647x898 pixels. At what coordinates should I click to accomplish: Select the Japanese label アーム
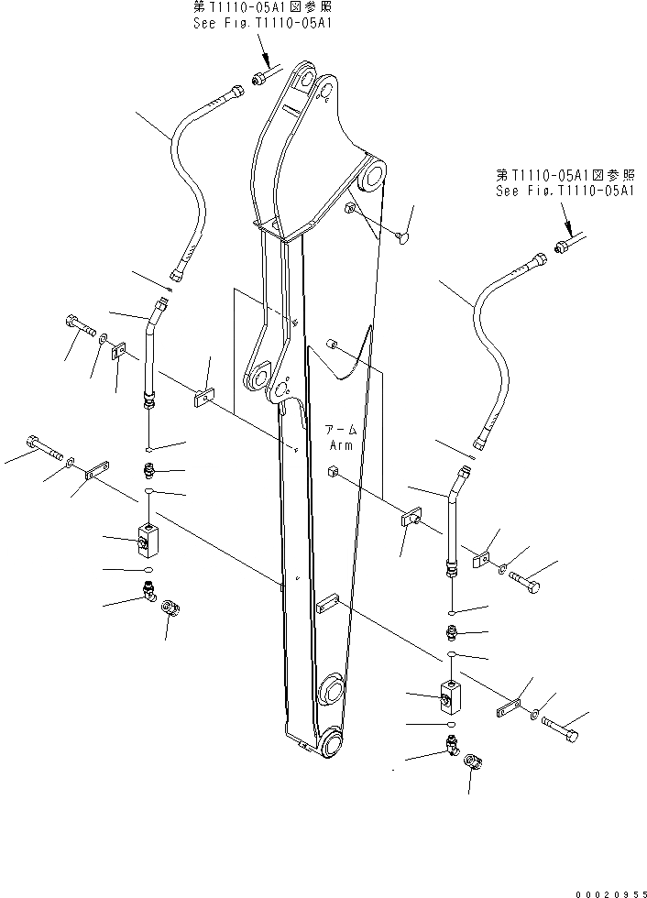tap(341, 430)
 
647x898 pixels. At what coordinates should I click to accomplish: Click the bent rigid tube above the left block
tap(149, 348)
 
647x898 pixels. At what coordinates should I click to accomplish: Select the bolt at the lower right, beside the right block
tap(559, 729)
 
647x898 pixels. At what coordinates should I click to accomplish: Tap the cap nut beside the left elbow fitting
tap(170, 608)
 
